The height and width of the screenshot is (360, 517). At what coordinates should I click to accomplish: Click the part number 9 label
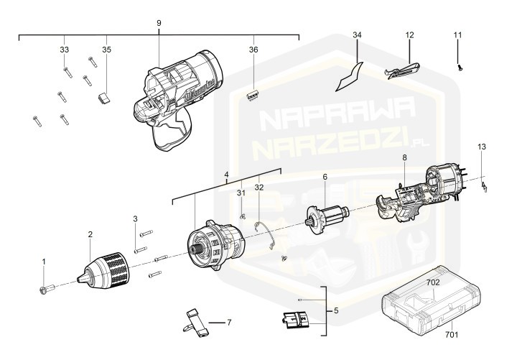coord(159,23)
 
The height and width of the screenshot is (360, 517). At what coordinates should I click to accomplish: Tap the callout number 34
coord(358,35)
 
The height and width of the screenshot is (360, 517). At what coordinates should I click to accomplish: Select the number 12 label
coord(410,35)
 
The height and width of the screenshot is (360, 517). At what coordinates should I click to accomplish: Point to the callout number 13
coord(482,147)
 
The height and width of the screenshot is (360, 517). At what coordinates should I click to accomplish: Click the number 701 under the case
coord(452,334)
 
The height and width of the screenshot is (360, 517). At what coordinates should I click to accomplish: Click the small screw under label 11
coord(459,66)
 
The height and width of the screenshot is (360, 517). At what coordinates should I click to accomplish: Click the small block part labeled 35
coord(104,96)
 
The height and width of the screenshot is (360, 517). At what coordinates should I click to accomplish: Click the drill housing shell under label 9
coord(180,101)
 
